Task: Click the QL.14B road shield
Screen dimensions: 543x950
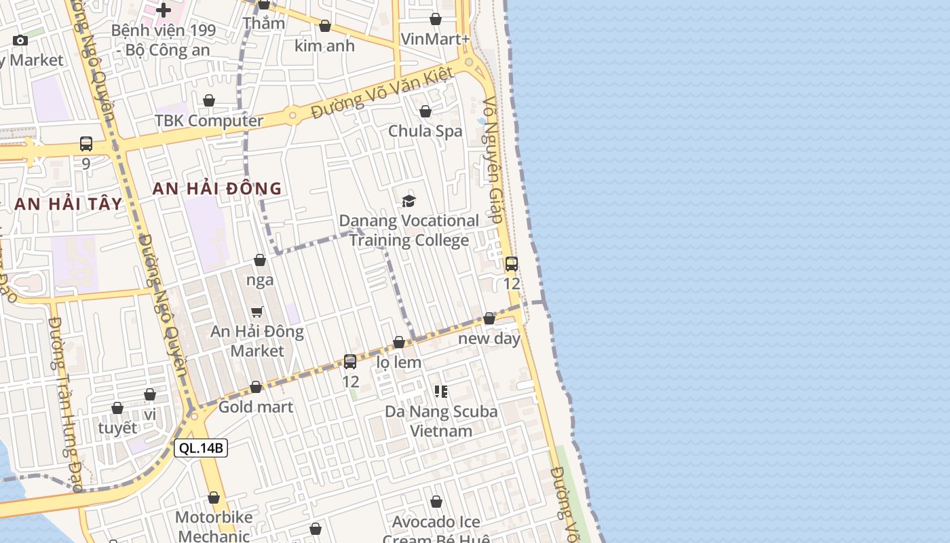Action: click(x=200, y=448)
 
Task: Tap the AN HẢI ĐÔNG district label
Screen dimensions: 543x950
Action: click(x=216, y=189)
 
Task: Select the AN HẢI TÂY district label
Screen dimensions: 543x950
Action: click(x=69, y=204)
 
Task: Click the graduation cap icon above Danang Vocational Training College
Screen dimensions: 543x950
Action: click(x=408, y=201)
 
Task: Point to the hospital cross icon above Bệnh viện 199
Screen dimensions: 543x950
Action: click(x=164, y=10)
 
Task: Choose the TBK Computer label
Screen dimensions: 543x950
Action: click(x=208, y=121)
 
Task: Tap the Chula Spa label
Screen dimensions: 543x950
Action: click(x=425, y=131)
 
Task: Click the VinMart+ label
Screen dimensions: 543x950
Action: click(x=435, y=39)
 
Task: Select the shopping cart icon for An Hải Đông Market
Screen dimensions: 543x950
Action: click(x=257, y=312)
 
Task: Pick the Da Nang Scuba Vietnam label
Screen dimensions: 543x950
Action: click(x=441, y=421)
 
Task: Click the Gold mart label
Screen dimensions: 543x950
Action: click(x=256, y=407)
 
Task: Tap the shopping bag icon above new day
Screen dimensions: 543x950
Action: click(x=489, y=318)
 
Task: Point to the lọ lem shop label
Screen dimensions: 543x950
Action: click(x=399, y=362)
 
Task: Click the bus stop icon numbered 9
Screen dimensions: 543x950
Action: click(x=86, y=144)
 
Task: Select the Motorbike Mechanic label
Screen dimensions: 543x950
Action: click(x=213, y=526)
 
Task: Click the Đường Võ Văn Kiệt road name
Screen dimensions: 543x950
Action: click(x=382, y=94)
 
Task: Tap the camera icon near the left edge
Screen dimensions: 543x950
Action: click(x=20, y=40)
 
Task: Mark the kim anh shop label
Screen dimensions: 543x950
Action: click(x=324, y=45)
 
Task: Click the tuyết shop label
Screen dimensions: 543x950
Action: click(x=117, y=428)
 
